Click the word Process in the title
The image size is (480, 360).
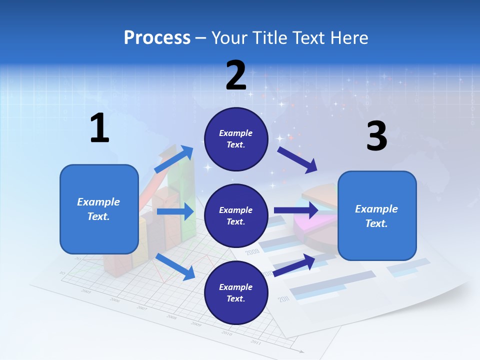(x=157, y=37)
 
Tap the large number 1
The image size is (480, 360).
(x=99, y=128)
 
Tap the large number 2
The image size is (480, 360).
(x=236, y=75)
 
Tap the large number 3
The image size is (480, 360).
(x=376, y=136)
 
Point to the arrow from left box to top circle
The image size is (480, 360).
(x=174, y=159)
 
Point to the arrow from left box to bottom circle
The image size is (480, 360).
(x=175, y=266)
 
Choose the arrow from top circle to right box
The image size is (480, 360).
(x=297, y=159)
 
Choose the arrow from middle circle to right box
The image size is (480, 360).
(x=296, y=210)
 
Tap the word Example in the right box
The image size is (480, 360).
(x=376, y=209)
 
